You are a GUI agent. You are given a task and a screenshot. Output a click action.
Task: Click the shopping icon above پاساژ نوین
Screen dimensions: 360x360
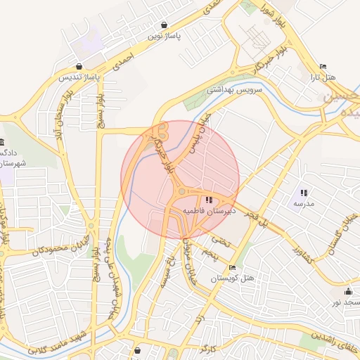pyautogui.click(x=164, y=24)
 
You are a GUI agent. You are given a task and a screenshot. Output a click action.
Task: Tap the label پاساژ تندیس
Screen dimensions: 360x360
pyautogui.click(x=77, y=77)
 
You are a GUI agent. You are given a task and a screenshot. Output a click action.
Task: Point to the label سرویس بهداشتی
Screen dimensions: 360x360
pyautogui.click(x=234, y=90)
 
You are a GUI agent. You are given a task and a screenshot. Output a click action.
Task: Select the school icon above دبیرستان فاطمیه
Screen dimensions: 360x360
pyautogui.click(x=207, y=200)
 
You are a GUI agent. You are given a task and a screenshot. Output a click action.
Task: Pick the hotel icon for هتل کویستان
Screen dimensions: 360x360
pyautogui.click(x=233, y=267)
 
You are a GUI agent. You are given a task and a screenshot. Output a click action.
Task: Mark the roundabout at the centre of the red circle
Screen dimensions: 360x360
pyautogui.click(x=181, y=190)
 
